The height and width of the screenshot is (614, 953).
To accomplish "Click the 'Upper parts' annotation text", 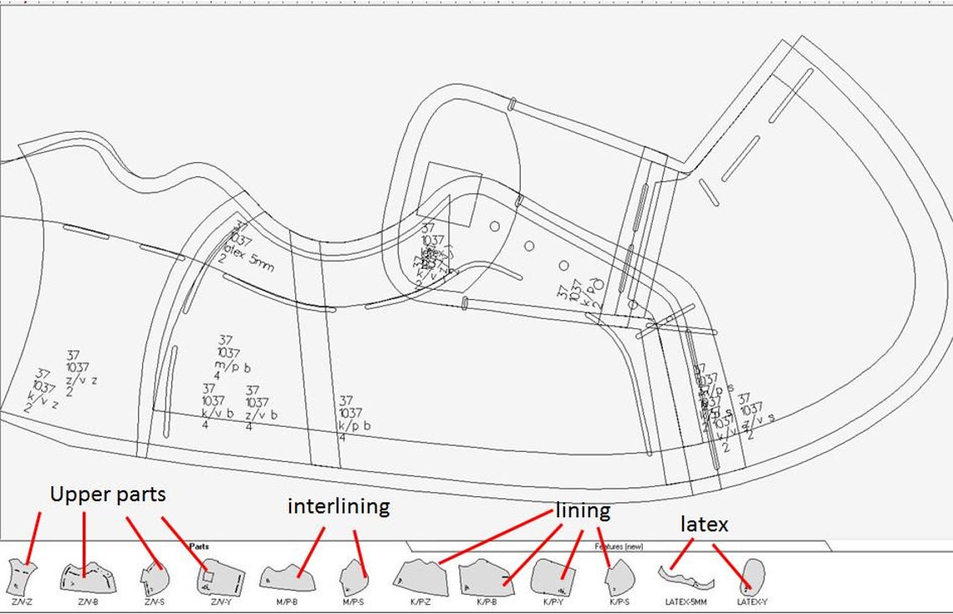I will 107,495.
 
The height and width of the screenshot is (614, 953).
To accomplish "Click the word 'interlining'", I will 338,506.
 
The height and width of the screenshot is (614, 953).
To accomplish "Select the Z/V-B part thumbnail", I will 87,577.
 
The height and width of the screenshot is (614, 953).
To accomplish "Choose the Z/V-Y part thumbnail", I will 221,576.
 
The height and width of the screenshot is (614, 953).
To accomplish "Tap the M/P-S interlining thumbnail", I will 354,576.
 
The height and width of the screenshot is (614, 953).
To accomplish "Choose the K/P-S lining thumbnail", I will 619,576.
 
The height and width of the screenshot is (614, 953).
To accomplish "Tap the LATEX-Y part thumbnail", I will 752,575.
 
